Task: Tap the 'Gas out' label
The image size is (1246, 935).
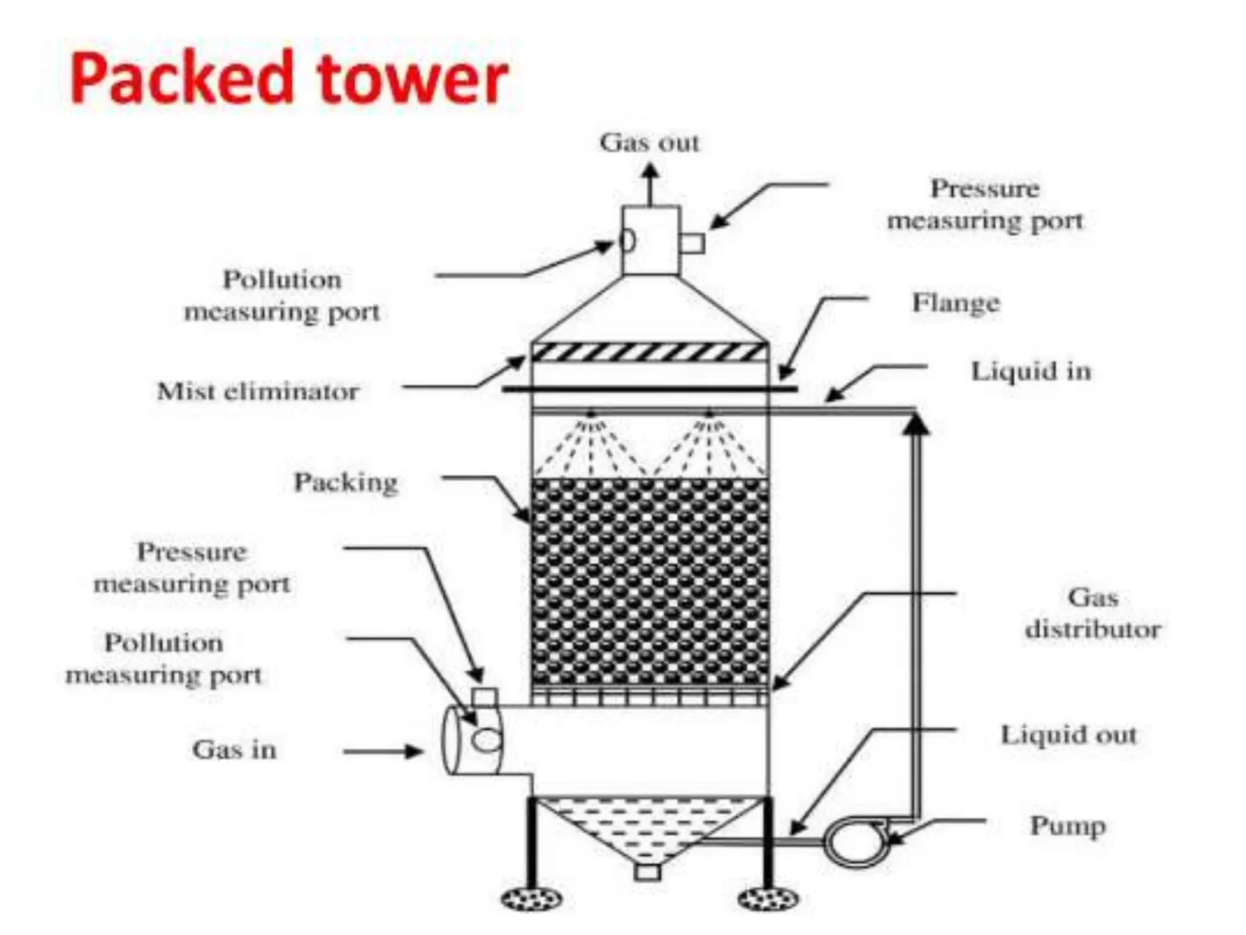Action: pos(649,143)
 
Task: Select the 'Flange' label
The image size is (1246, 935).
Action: pos(955,303)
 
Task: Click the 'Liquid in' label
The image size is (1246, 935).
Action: pos(1031,371)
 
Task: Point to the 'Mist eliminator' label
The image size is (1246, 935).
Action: pos(258,391)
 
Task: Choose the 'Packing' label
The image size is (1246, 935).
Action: pos(346,483)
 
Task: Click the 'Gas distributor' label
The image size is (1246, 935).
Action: pos(1093,613)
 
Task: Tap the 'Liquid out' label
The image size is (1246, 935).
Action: pos(1068,735)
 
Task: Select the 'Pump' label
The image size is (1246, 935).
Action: pos(1067,826)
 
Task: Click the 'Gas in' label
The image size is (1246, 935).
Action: pos(234,750)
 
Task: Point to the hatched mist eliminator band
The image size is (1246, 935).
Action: pos(649,352)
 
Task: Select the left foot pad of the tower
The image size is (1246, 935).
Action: pos(531,898)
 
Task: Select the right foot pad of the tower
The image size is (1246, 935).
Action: pos(767,898)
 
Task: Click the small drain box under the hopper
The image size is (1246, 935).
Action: pos(647,872)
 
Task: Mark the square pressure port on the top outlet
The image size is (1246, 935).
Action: pos(692,243)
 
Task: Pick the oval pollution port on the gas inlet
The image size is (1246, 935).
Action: pos(487,740)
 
